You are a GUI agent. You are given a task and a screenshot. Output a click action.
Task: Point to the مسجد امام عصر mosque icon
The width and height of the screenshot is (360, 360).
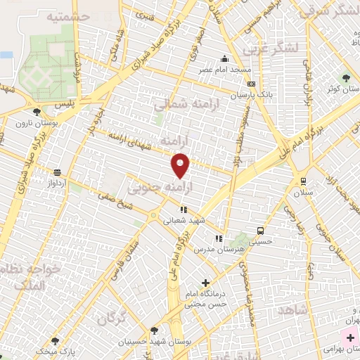(x=224, y=59)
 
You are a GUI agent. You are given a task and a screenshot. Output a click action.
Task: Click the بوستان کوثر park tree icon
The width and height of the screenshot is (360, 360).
(x=346, y=77)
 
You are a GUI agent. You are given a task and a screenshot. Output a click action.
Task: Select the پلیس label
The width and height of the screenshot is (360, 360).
(x=65, y=103)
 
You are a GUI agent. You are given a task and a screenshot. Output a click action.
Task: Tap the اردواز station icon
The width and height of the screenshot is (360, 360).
(x=57, y=172)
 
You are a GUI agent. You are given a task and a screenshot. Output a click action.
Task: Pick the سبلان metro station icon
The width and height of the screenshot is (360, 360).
(x=303, y=180)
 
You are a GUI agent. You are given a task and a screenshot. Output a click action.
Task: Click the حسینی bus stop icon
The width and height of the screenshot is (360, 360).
(x=260, y=230)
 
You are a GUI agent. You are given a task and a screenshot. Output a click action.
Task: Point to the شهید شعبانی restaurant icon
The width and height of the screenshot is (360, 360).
(x=184, y=209)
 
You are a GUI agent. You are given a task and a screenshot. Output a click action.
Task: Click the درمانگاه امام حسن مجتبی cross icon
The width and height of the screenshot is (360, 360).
(x=206, y=283)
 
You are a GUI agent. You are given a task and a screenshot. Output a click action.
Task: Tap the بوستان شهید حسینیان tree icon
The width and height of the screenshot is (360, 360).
(x=154, y=331)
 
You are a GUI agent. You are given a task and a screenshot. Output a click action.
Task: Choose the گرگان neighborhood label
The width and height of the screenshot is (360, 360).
(x=112, y=320)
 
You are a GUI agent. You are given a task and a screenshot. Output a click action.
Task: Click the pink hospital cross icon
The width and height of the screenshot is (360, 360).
(x=350, y=337)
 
